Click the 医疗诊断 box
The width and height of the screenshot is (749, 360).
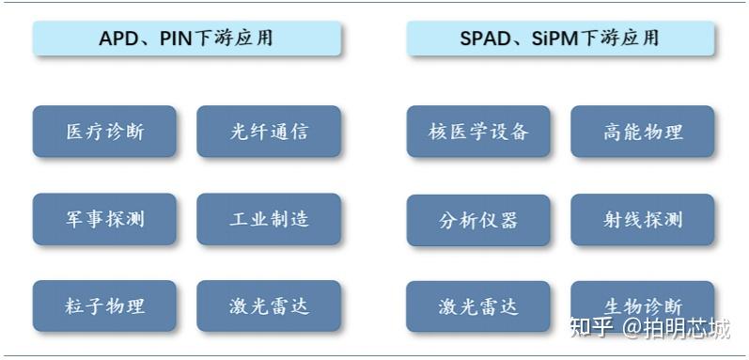click(104, 132)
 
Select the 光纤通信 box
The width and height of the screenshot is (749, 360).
click(269, 132)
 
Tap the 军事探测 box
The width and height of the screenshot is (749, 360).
click(104, 220)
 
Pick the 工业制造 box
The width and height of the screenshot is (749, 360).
click(269, 220)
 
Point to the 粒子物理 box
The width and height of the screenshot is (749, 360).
click(104, 305)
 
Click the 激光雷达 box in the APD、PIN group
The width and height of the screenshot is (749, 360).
click(269, 305)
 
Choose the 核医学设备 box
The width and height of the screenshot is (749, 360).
click(478, 132)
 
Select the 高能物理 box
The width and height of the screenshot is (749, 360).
click(643, 132)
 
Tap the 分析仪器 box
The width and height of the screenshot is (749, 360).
click(478, 220)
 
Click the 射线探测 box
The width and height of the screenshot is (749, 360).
click(643, 220)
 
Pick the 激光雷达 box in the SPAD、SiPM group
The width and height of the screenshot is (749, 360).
click(478, 305)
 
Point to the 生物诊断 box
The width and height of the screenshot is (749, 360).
click(643, 305)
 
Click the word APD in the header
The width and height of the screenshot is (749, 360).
click(117, 39)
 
